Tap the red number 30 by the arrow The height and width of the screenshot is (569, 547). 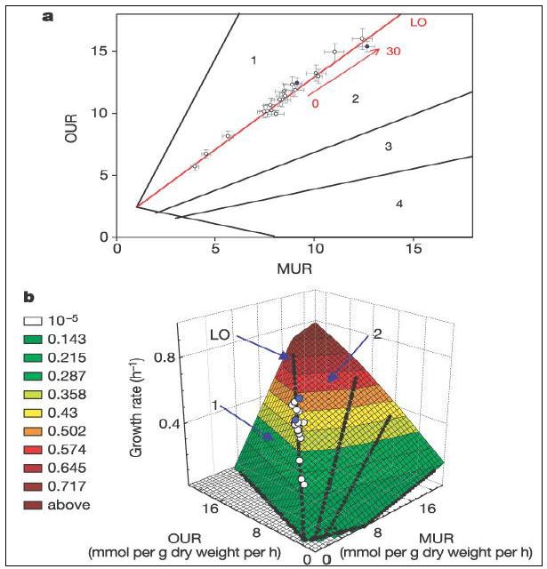(x=392, y=52)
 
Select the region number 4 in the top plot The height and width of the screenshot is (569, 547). (x=399, y=204)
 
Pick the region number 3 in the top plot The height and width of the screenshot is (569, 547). (x=389, y=146)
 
